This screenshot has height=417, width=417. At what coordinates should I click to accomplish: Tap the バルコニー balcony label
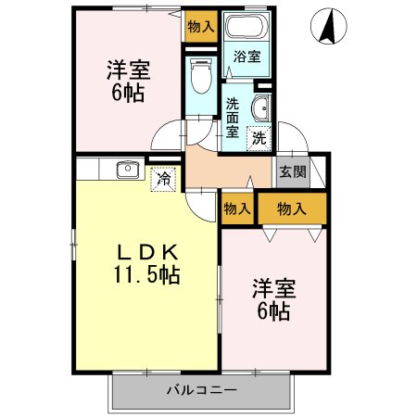point(201,390)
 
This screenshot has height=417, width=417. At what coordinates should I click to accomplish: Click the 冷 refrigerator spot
point(163,177)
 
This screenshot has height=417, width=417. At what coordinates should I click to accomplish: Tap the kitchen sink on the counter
point(125,171)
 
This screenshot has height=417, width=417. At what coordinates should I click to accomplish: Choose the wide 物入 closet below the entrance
point(292,209)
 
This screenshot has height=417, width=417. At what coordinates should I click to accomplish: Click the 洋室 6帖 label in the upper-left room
point(127,81)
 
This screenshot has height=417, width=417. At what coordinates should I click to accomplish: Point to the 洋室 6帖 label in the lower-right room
point(272,300)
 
